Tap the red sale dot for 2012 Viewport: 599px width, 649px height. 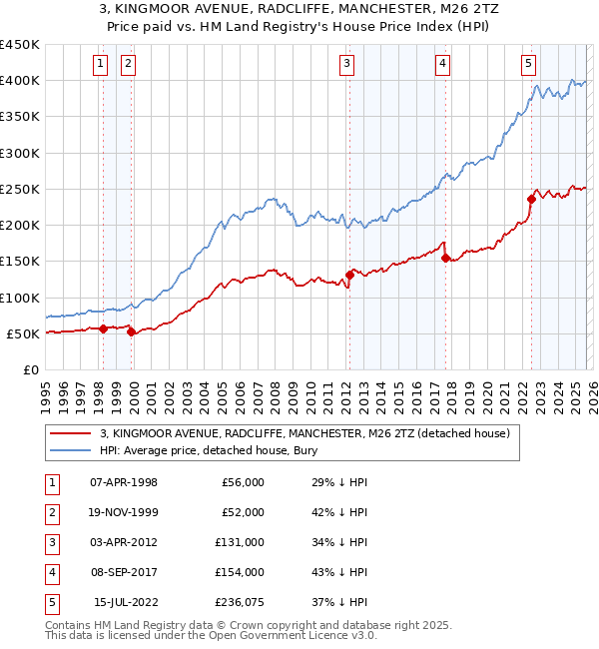[x=349, y=275]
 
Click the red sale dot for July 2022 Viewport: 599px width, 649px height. [x=531, y=199]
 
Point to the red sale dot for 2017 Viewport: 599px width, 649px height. [x=445, y=258]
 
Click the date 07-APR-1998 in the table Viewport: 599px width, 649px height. [x=124, y=483]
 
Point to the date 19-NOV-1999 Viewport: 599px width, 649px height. [x=124, y=513]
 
